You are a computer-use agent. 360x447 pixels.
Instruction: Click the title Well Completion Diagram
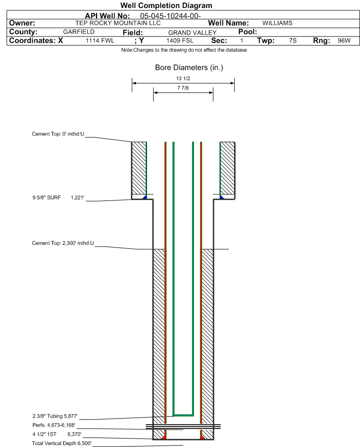coord(166,6)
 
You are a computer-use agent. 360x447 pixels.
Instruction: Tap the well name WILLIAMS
coord(277,23)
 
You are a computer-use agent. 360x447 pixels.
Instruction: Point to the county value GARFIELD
coord(79,32)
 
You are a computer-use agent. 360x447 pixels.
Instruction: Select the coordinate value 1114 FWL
coord(100,41)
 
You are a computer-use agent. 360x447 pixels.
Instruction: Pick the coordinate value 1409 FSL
coord(180,41)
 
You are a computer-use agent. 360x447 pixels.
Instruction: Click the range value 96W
coord(344,41)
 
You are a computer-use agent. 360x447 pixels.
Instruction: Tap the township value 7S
coord(293,41)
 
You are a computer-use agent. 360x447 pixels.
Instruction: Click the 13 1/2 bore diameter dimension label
coord(183,79)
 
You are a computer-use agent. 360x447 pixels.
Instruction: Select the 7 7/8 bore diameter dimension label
coord(183,88)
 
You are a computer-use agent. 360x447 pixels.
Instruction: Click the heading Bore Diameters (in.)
coord(189,68)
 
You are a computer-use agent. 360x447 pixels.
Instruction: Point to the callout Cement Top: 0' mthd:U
coord(58,134)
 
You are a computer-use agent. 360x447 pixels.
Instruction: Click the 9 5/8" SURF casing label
coord(58,197)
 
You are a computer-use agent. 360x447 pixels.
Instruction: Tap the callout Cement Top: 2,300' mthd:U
coord(63,243)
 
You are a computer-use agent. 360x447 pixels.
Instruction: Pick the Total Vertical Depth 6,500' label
coord(62,443)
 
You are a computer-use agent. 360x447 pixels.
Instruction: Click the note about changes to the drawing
coord(184,50)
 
